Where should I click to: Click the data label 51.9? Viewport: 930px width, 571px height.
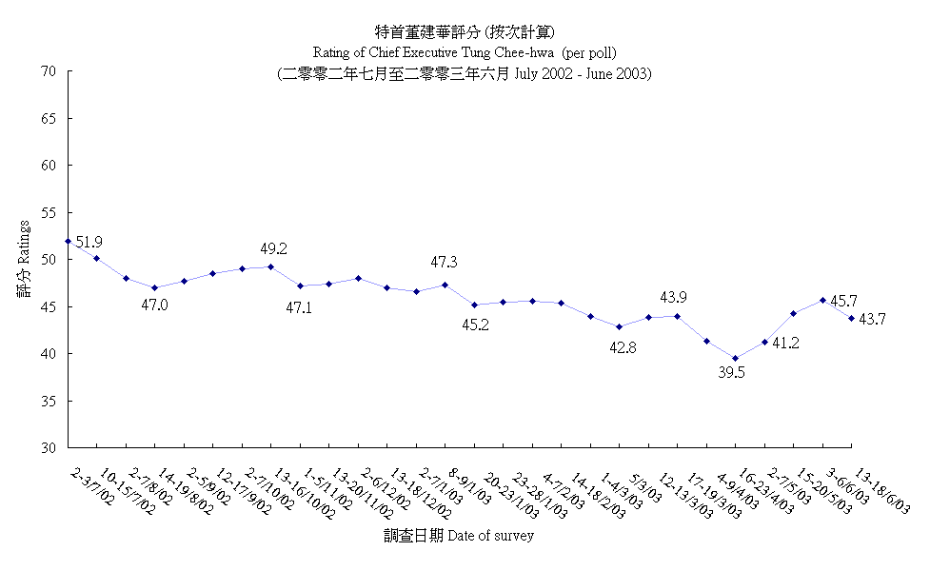pyautogui.click(x=89, y=243)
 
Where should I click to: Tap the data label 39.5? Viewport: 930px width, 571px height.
pyautogui.click(x=731, y=373)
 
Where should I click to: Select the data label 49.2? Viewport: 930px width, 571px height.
pyautogui.click(x=274, y=249)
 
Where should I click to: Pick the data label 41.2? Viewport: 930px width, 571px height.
pyautogui.click(x=786, y=343)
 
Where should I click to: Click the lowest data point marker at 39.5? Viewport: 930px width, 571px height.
pyautogui.click(x=735, y=359)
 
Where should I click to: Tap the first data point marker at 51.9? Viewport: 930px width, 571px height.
pyautogui.click(x=69, y=242)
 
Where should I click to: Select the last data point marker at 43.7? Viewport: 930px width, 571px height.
pyautogui.click(x=851, y=318)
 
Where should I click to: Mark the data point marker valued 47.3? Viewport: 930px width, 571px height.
pyautogui.click(x=445, y=285)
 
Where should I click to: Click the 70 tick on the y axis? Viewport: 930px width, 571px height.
pyautogui.click(x=49, y=71)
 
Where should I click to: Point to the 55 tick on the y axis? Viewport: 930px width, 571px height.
pyautogui.click(x=49, y=212)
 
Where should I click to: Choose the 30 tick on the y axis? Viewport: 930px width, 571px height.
pyautogui.click(x=49, y=447)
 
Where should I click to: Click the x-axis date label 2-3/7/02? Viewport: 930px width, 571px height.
pyautogui.click(x=91, y=486)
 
